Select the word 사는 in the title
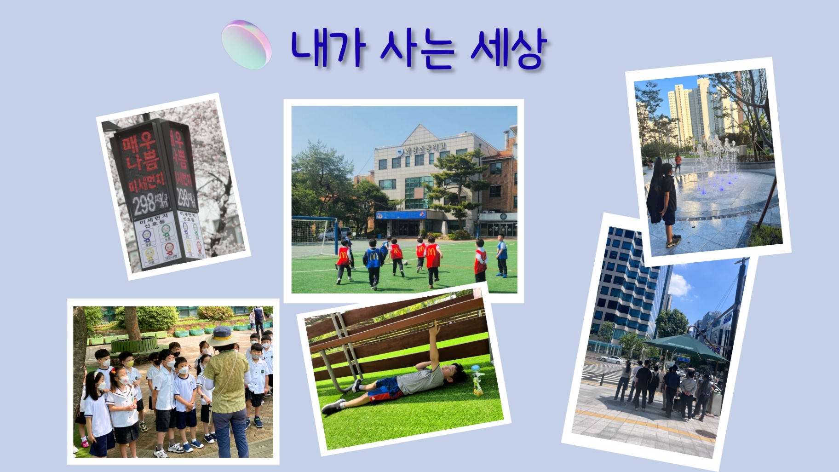(x=417, y=49)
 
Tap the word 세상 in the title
(x=508, y=49)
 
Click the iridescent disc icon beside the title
(x=247, y=45)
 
